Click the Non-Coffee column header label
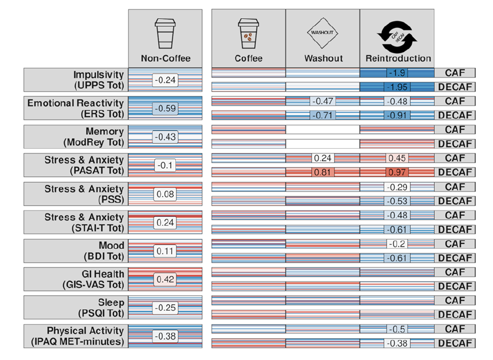(165, 58)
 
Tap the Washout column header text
(322, 58)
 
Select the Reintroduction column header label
(398, 58)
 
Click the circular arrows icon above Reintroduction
(397, 33)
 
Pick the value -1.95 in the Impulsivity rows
(398, 88)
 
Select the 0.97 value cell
(398, 173)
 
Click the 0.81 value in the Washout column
(322, 173)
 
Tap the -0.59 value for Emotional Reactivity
(165, 108)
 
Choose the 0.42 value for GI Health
(165, 279)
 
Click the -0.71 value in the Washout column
(322, 116)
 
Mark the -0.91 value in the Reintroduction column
(398, 116)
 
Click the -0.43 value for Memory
(165, 136)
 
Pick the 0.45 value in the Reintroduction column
(398, 158)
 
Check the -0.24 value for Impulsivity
(165, 80)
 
